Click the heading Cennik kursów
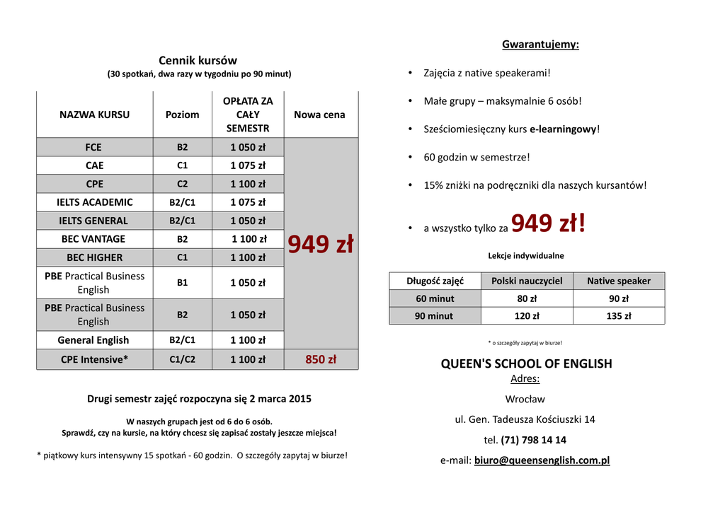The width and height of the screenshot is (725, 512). (x=198, y=61)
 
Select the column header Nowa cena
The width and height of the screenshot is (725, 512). (x=319, y=115)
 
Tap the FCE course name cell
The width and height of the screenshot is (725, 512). (x=93, y=147)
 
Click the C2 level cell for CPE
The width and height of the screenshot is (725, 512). (x=182, y=184)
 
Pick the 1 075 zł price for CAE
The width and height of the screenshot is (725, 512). (x=248, y=165)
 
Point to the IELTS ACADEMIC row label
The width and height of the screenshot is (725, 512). (x=94, y=202)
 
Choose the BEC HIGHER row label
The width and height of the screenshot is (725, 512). (x=94, y=257)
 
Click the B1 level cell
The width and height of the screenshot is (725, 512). (x=182, y=282)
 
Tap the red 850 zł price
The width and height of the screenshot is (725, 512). (x=321, y=359)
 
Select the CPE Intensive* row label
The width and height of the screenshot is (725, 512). (x=94, y=359)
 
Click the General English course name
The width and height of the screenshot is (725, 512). (x=93, y=340)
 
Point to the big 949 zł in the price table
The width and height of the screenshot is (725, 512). (x=321, y=245)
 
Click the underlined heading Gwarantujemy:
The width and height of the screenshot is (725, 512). (x=540, y=45)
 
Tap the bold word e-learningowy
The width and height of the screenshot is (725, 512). (x=563, y=129)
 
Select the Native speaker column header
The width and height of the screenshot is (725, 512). (x=618, y=281)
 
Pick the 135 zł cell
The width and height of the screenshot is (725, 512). (x=618, y=316)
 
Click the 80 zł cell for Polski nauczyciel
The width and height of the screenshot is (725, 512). (x=526, y=298)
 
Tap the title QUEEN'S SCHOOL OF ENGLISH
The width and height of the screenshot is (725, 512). (x=526, y=363)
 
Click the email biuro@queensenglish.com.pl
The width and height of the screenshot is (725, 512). (x=542, y=460)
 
